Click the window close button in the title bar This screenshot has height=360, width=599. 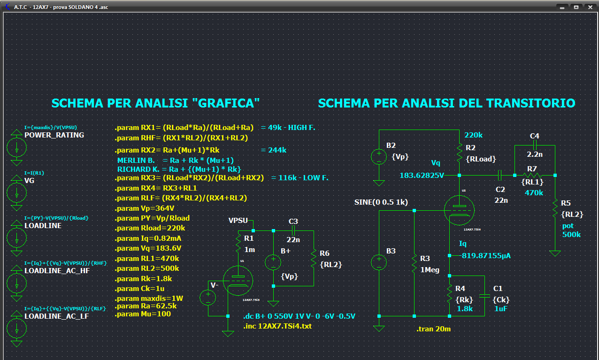(589, 7)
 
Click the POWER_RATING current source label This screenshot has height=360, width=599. (54, 135)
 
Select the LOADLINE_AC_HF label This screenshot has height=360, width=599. (57, 271)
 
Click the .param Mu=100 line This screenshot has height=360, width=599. (143, 314)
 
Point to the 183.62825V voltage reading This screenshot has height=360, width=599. (422, 175)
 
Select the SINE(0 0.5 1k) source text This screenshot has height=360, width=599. (381, 202)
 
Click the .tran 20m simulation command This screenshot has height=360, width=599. (433, 329)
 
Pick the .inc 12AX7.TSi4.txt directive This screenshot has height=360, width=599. (277, 326)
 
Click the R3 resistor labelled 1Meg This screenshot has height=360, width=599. (415, 263)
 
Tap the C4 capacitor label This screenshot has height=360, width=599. (534, 136)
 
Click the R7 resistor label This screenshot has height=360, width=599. (532, 169)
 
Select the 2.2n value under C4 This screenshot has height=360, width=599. (535, 153)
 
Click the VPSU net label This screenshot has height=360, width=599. (238, 221)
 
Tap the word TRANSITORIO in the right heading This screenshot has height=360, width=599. (531, 103)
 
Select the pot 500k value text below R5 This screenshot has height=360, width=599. (571, 230)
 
